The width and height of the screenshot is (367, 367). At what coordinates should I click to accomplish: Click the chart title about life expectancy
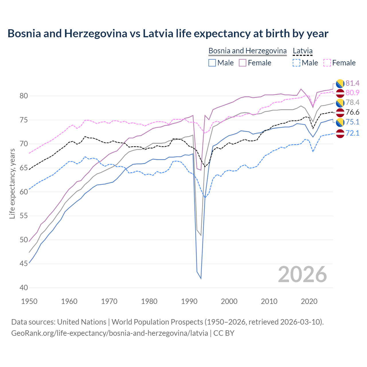click(168, 34)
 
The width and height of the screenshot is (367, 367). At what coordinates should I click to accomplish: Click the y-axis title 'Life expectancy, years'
click(12, 184)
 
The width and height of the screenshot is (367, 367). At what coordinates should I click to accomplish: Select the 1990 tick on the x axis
click(189, 301)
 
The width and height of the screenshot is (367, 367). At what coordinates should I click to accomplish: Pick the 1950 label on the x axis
click(30, 301)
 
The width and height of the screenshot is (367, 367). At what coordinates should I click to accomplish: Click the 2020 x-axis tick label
click(309, 301)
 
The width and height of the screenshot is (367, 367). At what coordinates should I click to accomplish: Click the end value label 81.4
click(352, 83)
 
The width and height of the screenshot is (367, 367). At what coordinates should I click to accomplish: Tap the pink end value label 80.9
click(352, 93)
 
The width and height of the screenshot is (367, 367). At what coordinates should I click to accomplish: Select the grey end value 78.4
click(352, 103)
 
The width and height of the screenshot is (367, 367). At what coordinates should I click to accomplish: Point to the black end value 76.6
click(352, 112)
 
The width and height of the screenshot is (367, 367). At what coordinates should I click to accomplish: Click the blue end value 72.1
click(352, 133)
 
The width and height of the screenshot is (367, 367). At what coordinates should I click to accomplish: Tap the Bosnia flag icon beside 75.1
click(340, 122)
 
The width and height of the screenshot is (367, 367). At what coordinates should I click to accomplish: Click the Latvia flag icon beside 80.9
click(340, 93)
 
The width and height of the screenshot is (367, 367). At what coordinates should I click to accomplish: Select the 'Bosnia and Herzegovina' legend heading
click(247, 51)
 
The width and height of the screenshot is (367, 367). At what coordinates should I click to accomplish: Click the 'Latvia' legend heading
click(302, 51)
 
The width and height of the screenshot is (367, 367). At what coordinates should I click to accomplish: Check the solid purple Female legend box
click(243, 63)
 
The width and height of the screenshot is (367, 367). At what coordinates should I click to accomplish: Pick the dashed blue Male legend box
click(296, 63)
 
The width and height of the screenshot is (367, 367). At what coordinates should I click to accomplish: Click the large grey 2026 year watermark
click(302, 274)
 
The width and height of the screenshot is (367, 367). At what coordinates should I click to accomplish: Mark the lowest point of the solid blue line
click(201, 278)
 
